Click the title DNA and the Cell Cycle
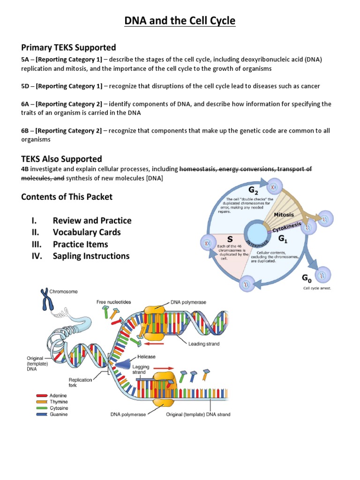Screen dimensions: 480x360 pyautogui.click(x=180, y=21)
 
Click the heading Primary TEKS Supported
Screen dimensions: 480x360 pyautogui.click(x=68, y=48)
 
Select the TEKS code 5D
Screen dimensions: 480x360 pyautogui.click(x=26, y=86)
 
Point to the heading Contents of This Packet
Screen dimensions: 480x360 pyautogui.click(x=67, y=197)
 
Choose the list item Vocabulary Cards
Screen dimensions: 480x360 pyautogui.click(x=87, y=232)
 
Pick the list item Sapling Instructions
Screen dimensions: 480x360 pyautogui.click(x=91, y=256)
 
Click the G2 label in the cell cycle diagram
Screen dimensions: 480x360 pyautogui.click(x=254, y=190)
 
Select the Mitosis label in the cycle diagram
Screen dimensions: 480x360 pyautogui.click(x=284, y=214)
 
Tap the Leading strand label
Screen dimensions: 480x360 pyautogui.click(x=203, y=344)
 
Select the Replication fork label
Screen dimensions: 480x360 pyautogui.click(x=80, y=383)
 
